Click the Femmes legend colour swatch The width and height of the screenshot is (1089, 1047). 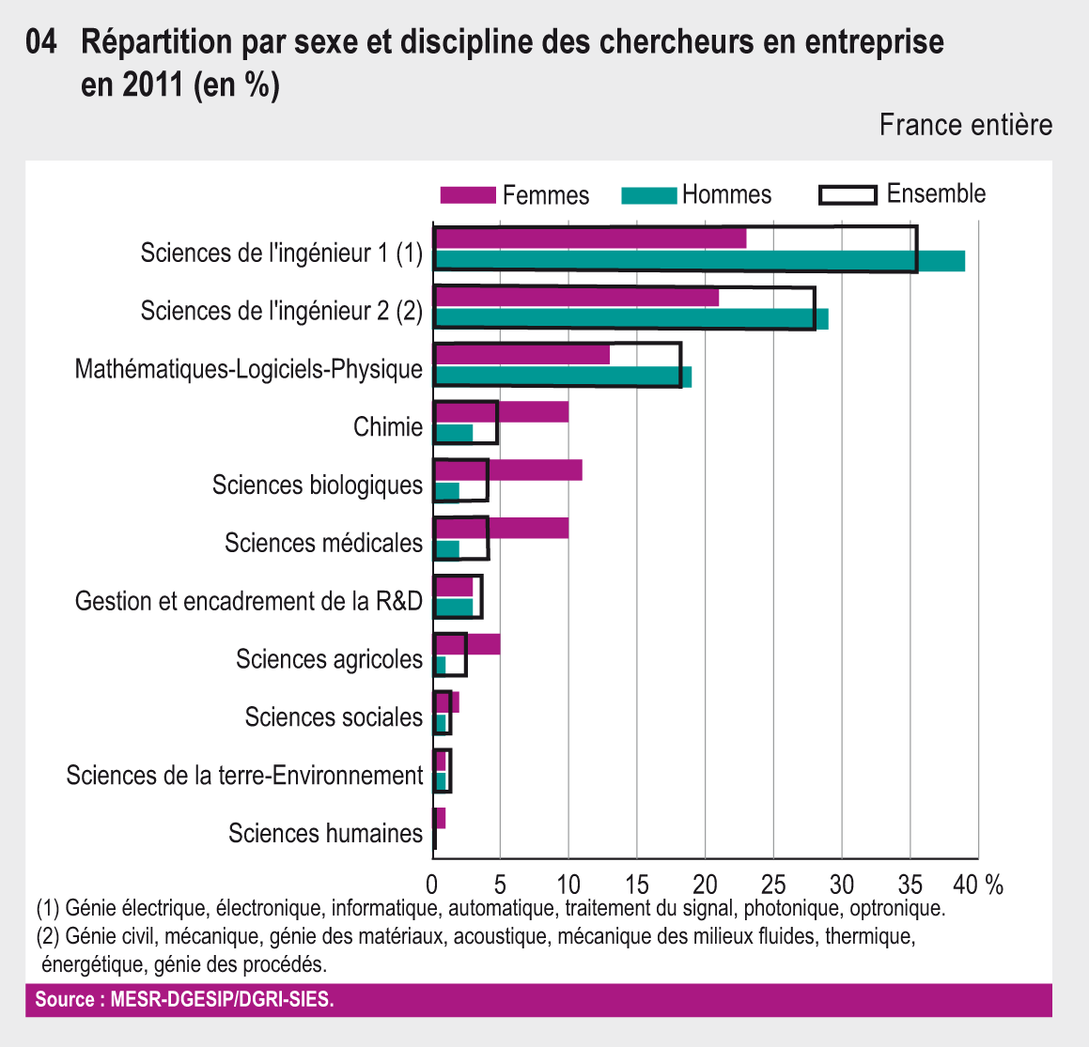point(467,195)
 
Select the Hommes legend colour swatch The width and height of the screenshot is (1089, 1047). point(648,195)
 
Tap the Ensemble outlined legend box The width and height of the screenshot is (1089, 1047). point(848,194)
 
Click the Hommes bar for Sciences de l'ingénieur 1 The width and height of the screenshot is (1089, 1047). point(700,261)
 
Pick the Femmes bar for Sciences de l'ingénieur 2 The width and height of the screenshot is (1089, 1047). point(577,297)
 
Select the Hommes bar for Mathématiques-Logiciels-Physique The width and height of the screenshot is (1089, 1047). point(563,377)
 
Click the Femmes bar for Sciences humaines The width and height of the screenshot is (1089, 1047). point(439,818)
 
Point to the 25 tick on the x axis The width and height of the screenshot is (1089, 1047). point(773,885)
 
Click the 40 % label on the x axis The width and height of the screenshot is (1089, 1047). point(980,885)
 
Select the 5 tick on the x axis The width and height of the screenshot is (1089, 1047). point(500,885)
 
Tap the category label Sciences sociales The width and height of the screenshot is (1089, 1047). point(334,717)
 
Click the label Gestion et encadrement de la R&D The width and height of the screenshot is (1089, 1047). point(249,601)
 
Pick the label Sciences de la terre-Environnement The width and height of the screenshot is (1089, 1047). point(244,776)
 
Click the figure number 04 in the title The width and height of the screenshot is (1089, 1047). point(41,42)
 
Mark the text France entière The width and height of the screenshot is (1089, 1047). point(965,125)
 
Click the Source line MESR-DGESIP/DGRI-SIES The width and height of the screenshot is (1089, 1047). point(184,999)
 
